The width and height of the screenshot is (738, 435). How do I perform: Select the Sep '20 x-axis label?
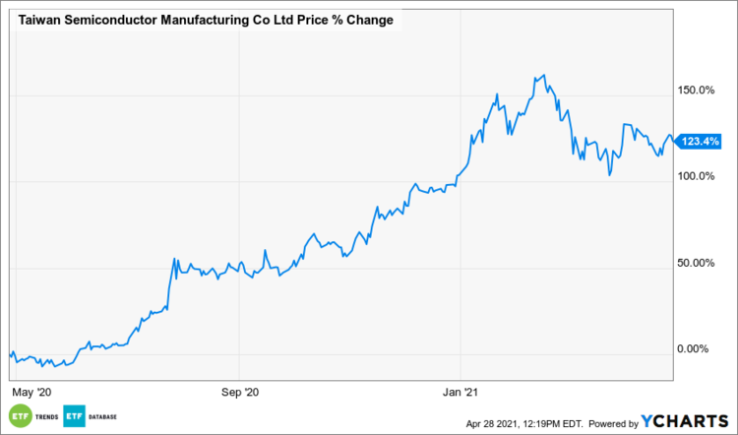[240, 392]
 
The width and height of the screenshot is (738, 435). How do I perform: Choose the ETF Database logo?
[91, 417]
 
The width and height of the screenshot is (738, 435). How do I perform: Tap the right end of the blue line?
[672, 139]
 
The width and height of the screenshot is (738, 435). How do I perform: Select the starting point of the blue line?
[10, 352]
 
